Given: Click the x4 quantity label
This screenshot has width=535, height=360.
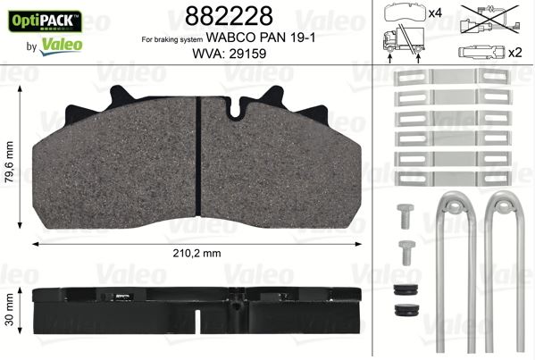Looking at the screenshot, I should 437,13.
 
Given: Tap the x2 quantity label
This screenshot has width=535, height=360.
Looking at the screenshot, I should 515,51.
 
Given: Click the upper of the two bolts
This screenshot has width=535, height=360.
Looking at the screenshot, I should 402,213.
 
